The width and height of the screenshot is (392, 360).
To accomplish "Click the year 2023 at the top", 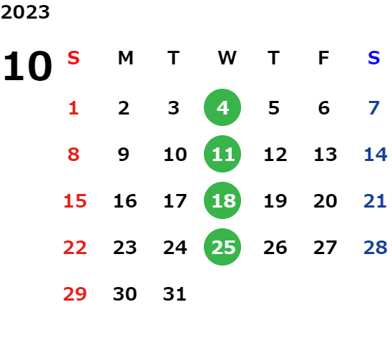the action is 25,12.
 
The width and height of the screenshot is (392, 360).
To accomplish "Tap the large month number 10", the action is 27,66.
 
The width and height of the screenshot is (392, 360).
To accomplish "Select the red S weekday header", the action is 74,58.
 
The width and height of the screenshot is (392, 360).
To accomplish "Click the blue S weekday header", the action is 373,58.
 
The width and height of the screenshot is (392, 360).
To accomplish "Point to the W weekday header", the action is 227,58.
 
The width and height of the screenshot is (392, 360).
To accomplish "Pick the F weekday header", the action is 323,58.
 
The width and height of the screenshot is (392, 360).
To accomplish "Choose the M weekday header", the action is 125,58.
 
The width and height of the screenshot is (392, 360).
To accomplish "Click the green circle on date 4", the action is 222,107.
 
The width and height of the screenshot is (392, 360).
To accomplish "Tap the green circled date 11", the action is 222,154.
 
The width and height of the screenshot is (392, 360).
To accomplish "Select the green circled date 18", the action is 222,200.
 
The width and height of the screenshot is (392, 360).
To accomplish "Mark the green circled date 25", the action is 222,247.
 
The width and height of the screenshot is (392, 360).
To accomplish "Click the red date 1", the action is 74,108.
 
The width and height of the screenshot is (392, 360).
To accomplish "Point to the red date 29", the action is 74,293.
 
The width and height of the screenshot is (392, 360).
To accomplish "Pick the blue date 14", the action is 376,155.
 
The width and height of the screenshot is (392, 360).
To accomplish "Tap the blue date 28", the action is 376,248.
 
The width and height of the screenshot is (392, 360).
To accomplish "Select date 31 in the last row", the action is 175,293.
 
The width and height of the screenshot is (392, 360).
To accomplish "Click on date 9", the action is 124,155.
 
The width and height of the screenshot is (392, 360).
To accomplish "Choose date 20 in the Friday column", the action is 325,201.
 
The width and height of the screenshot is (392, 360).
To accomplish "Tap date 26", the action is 275,248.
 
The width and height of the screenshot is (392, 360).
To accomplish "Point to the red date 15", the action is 74,201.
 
